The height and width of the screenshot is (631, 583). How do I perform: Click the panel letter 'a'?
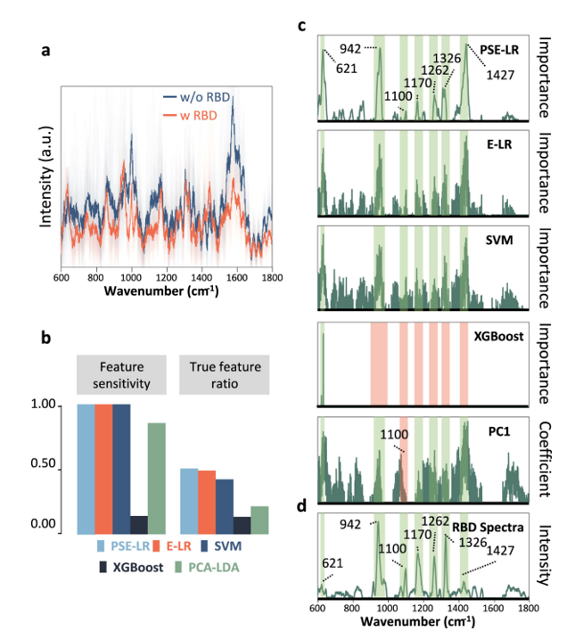coord(45,51)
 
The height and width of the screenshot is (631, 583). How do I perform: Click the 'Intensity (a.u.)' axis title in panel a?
coord(45,177)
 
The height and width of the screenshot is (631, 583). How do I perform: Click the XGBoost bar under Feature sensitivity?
coord(138,524)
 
